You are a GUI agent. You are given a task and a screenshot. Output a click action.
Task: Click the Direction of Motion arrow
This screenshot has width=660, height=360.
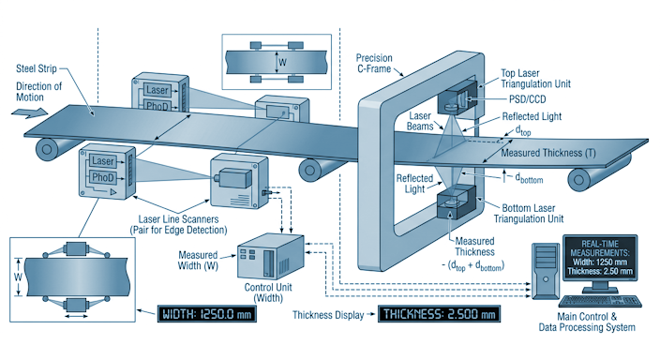point(29,112)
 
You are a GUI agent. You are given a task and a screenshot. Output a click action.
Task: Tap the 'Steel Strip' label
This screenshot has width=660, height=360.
point(37,68)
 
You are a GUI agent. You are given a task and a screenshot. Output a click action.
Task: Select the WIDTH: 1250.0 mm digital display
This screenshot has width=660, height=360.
point(206,314)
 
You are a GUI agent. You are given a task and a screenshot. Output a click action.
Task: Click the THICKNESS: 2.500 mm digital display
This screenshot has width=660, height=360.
point(439,314)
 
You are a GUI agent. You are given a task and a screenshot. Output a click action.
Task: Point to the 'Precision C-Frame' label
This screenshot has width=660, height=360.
point(374,64)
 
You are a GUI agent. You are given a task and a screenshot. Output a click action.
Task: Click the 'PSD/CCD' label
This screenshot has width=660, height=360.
point(528,99)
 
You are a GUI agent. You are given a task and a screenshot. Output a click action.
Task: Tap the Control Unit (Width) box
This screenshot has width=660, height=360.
point(270,257)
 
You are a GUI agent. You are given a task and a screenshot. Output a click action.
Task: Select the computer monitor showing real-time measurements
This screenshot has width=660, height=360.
point(600,261)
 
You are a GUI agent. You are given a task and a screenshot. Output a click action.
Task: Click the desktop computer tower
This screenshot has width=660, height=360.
point(546,271)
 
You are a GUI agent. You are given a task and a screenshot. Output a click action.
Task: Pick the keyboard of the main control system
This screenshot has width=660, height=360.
point(600,301)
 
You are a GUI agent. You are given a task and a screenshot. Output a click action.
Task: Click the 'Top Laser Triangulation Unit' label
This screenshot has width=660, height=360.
point(535,79)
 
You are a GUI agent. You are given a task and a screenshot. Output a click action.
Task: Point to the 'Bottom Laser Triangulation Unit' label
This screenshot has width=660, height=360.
point(529,214)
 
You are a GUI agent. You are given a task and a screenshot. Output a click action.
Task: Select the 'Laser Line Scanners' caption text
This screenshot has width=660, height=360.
point(178,224)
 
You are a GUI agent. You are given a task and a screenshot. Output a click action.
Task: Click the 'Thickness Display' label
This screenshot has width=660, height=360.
point(328,315)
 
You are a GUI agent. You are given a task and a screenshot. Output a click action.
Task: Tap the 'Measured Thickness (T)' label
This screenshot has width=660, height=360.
point(548,153)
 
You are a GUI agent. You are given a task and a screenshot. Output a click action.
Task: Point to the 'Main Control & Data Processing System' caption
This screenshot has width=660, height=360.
point(587,322)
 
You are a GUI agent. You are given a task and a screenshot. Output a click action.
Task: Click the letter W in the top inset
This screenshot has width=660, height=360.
point(282,62)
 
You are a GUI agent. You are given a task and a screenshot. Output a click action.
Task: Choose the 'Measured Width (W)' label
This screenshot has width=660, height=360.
point(198,261)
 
